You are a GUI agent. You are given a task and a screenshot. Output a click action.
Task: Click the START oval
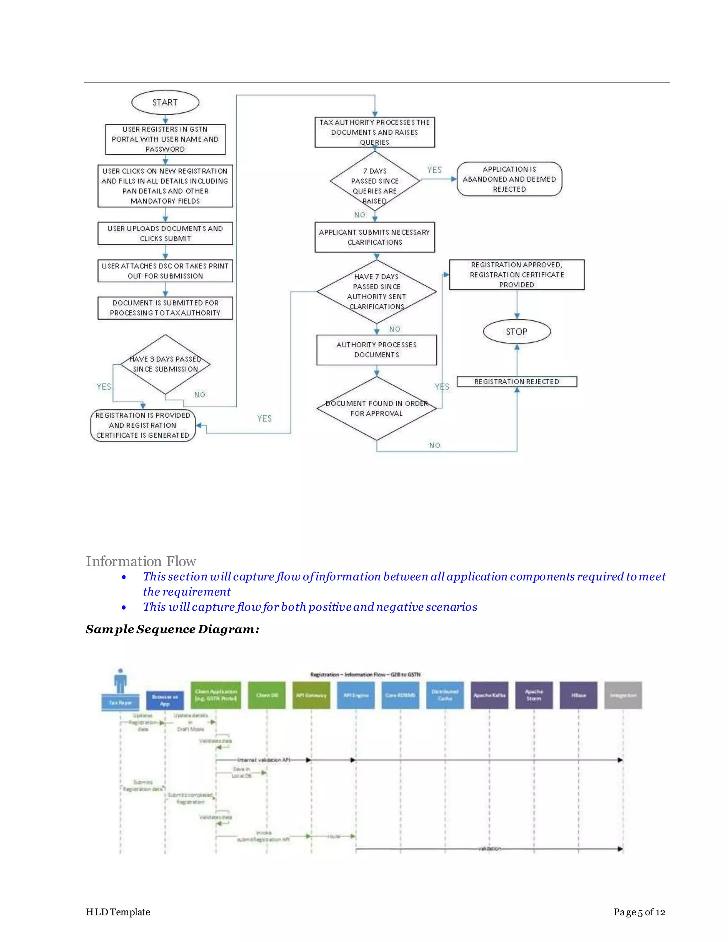(165, 103)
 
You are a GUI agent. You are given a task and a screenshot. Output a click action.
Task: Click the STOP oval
(516, 332)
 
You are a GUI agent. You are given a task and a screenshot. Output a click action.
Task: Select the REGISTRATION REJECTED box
(516, 382)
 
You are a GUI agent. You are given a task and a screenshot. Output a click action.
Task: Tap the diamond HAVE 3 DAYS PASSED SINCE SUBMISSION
(165, 364)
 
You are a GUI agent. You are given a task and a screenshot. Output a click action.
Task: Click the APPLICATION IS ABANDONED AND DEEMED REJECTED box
(509, 179)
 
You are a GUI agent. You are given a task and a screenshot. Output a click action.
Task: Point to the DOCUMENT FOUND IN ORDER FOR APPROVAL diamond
(376, 408)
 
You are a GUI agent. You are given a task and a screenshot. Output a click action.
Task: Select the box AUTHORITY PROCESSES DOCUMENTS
(376, 350)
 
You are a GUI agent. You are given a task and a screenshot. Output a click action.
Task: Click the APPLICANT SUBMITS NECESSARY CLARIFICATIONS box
(375, 237)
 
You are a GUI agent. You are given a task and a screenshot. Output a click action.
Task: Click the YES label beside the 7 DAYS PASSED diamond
(434, 170)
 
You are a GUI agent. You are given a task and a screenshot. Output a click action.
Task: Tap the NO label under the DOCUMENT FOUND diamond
(435, 445)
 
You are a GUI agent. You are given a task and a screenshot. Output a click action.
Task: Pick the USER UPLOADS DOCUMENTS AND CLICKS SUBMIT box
(165, 233)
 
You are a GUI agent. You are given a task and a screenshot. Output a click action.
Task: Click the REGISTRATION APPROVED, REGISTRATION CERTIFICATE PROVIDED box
(516, 275)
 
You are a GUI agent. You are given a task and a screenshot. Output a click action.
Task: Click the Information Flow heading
(141, 561)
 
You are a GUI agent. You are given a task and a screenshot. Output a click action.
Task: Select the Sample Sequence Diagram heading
(172, 629)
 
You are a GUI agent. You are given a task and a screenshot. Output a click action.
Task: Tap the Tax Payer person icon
(121, 681)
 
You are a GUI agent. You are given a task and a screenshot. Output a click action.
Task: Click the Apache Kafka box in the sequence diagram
(489, 695)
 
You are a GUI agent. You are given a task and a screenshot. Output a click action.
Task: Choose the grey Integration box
(623, 695)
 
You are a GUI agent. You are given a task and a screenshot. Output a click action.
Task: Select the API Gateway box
(311, 695)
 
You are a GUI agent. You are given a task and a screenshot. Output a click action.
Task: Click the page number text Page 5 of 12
(639, 912)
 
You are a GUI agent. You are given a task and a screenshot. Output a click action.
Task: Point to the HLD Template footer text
(118, 912)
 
